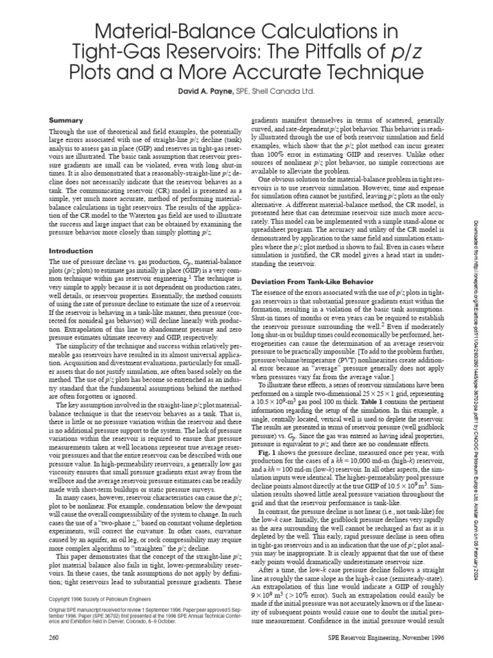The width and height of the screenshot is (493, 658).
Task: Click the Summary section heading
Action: point(65,120)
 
